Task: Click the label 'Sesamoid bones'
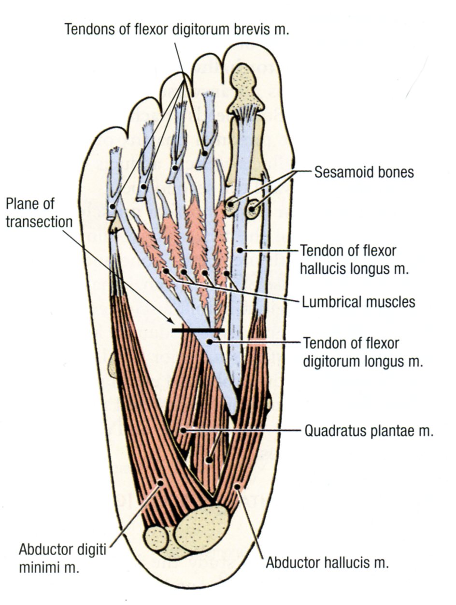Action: tap(364, 172)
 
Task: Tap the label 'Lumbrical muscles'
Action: tap(358, 302)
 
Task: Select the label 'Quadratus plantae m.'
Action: tap(369, 431)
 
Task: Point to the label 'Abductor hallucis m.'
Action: tap(328, 563)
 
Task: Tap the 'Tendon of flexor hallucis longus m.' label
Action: tap(355, 260)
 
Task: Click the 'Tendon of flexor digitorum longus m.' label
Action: tap(363, 352)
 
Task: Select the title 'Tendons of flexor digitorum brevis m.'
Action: tap(176, 29)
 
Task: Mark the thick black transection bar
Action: tap(198, 330)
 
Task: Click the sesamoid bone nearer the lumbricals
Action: tap(230, 205)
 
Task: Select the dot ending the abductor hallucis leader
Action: tap(236, 485)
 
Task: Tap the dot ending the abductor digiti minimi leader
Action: tap(160, 482)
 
